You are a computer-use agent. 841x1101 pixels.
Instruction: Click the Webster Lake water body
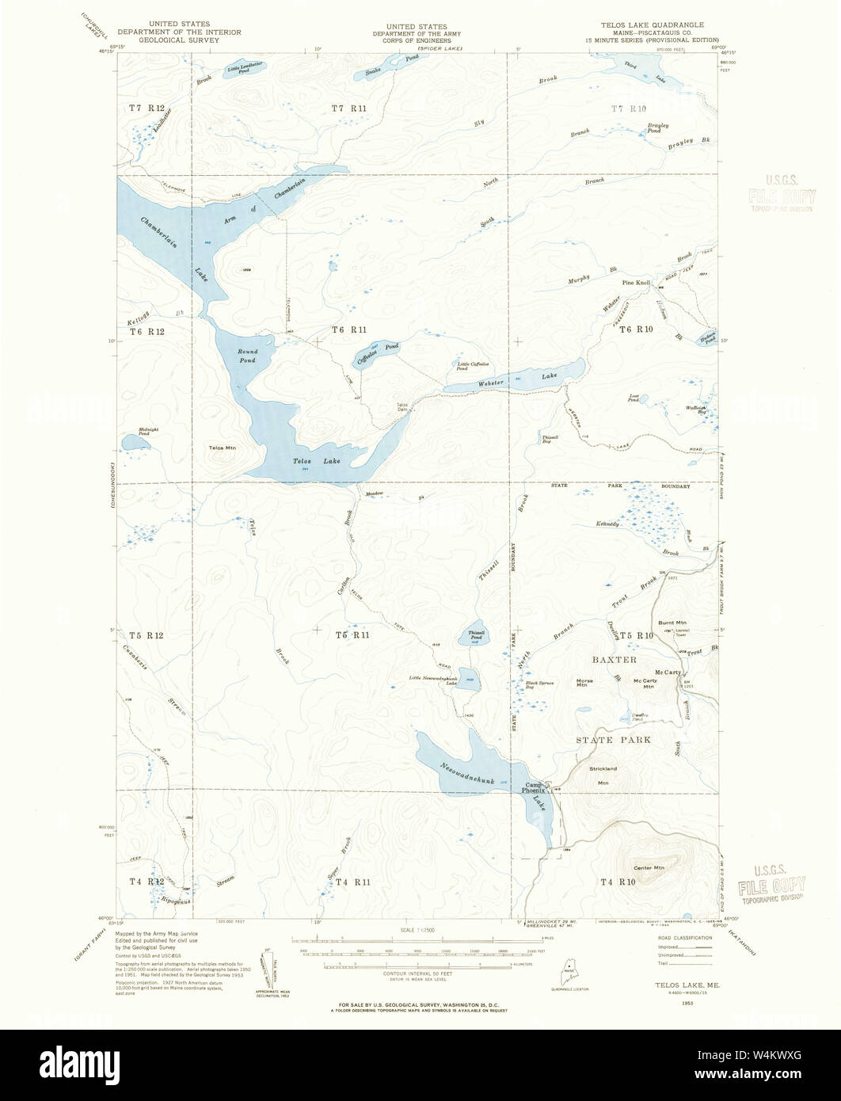click(x=515, y=379)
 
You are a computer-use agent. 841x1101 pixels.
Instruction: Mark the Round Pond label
click(x=247, y=355)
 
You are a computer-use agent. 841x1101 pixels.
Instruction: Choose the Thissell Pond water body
click(x=474, y=634)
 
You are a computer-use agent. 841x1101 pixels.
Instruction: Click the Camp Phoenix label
click(x=534, y=786)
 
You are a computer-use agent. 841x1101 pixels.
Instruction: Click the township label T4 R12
click(x=147, y=881)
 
